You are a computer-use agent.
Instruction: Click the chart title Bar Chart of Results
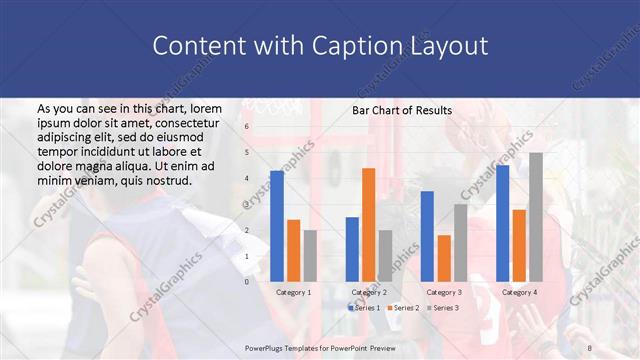tap(402, 110)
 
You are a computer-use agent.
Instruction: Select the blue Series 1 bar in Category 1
tap(277, 225)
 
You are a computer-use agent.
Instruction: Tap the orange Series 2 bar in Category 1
tap(293, 250)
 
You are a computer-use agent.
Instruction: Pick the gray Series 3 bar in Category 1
tap(310, 255)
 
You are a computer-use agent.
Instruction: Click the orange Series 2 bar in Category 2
tap(368, 224)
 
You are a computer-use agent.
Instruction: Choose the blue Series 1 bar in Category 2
tap(352, 248)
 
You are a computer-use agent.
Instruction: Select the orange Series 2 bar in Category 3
tap(443, 258)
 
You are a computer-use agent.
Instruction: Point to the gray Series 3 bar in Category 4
tap(535, 216)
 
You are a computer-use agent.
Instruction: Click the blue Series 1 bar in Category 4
tap(502, 222)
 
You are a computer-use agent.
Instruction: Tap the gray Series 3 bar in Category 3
tap(460, 242)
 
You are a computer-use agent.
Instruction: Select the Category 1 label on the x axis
tap(293, 292)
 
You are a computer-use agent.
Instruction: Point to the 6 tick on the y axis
tap(247, 127)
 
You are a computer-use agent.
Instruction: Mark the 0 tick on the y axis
tap(247, 281)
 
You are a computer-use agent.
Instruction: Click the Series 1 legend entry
tap(366, 307)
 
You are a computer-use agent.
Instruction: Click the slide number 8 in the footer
tap(589, 345)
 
